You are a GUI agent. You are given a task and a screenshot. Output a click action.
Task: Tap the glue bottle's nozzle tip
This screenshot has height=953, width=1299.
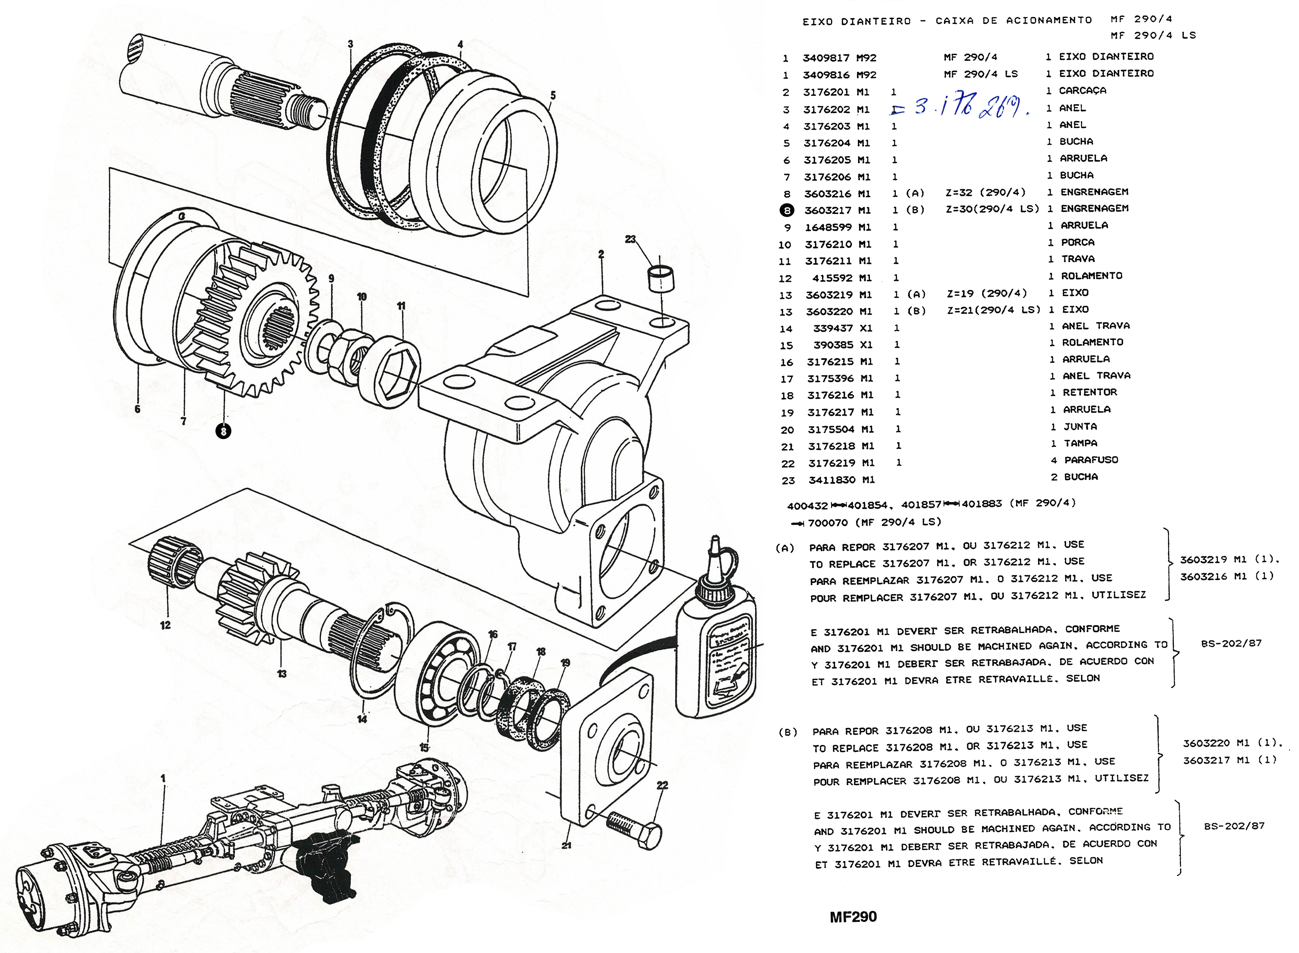pyautogui.click(x=715, y=542)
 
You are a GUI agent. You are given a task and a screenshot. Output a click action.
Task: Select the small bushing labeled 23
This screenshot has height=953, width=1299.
pyautogui.click(x=662, y=280)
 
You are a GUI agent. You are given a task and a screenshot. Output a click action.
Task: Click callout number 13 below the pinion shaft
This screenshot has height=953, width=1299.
pyautogui.click(x=281, y=673)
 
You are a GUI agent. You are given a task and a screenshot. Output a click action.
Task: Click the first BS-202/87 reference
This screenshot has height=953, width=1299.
pyautogui.click(x=1231, y=643)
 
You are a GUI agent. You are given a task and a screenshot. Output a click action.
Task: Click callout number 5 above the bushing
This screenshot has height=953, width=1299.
pyautogui.click(x=553, y=95)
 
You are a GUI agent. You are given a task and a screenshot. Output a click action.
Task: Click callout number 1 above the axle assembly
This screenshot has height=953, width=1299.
pyautogui.click(x=163, y=778)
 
